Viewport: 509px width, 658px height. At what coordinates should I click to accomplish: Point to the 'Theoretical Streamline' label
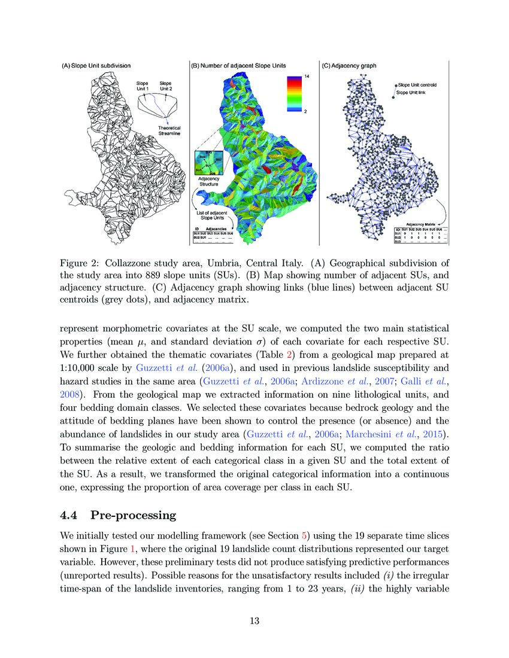pyautogui.click(x=169, y=131)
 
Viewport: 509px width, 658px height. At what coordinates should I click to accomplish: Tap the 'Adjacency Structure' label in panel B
pyautogui.click(x=208, y=181)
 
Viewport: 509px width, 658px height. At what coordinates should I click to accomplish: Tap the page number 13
pyautogui.click(x=255, y=620)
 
